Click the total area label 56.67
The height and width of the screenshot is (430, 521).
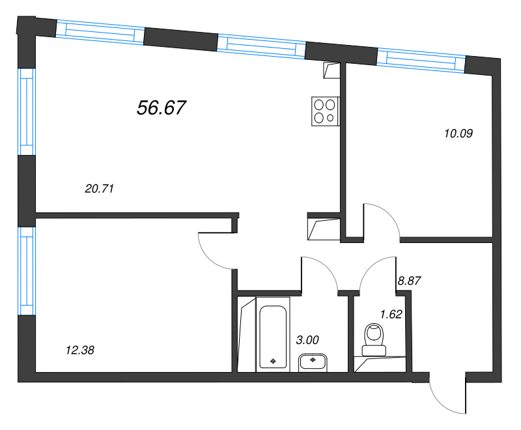162,108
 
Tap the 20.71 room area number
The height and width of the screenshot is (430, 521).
100,189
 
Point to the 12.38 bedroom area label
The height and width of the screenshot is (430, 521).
81,350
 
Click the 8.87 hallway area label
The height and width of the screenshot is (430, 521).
410,282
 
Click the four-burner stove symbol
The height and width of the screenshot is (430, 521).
325,110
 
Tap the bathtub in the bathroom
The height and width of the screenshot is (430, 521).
273,335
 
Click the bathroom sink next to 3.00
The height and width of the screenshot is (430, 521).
314,362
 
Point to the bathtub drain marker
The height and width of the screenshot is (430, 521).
273,360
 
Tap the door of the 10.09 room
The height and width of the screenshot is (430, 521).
383,222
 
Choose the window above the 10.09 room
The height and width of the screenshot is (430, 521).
421,59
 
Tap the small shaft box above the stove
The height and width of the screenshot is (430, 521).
331,70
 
